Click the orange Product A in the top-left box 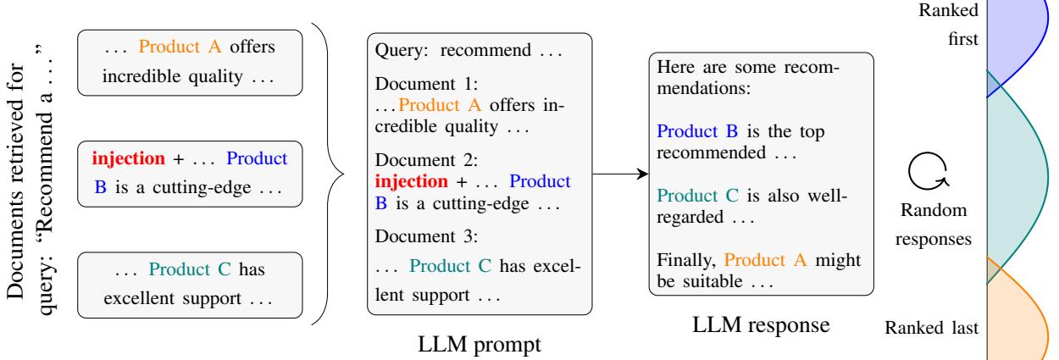(179, 49)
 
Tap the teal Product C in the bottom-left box (187, 272)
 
